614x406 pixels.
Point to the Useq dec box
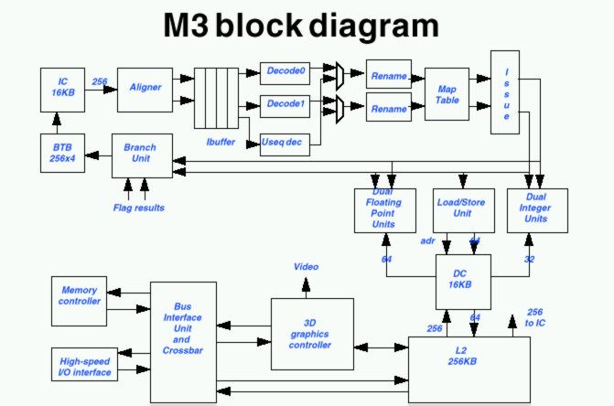coord(285,143)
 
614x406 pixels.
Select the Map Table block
coord(447,94)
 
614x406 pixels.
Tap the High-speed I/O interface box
coord(80,366)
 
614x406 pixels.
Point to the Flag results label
coord(138,208)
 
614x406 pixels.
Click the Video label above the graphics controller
coord(306,267)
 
